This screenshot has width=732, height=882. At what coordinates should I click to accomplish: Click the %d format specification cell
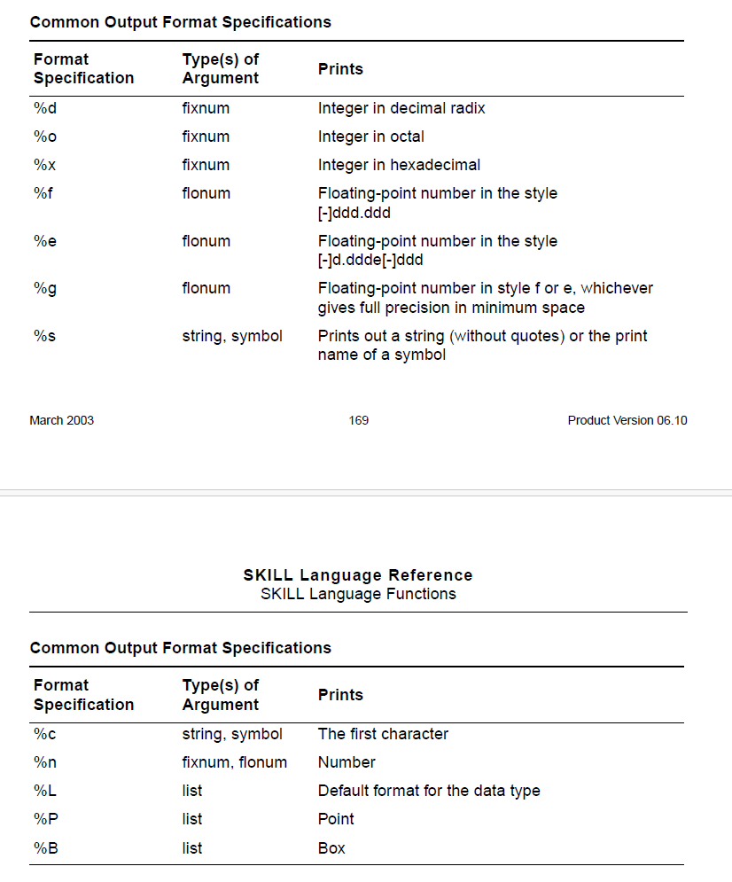44,108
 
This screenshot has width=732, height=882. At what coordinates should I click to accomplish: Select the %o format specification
44,137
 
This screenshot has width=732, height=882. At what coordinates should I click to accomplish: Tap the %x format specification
44,165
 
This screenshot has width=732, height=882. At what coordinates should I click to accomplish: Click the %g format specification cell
44,288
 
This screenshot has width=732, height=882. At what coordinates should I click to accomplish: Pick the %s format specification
44,336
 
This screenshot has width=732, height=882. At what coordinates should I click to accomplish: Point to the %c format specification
44,734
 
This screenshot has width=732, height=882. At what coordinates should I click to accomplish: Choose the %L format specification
44,791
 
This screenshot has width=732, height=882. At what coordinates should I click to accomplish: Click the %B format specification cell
45,848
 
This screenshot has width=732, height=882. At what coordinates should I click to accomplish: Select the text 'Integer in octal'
370,137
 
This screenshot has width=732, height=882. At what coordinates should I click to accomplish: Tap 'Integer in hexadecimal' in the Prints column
399,165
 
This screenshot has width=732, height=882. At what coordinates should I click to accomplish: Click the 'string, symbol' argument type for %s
232,336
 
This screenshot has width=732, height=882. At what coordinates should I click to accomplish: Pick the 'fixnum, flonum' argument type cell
234,762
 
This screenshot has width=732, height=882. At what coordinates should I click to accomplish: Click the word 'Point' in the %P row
336,819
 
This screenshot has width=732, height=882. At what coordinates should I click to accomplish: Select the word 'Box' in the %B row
331,848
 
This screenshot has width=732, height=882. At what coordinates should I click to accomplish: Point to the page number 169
359,420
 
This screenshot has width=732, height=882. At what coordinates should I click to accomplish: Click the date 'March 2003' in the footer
61,420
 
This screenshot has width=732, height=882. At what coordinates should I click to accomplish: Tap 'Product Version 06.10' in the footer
627,420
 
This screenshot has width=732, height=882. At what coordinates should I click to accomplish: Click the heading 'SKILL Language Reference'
358,575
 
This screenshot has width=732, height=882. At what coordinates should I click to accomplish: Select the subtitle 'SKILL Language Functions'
358,594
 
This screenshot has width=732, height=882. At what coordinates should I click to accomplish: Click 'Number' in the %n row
347,762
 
